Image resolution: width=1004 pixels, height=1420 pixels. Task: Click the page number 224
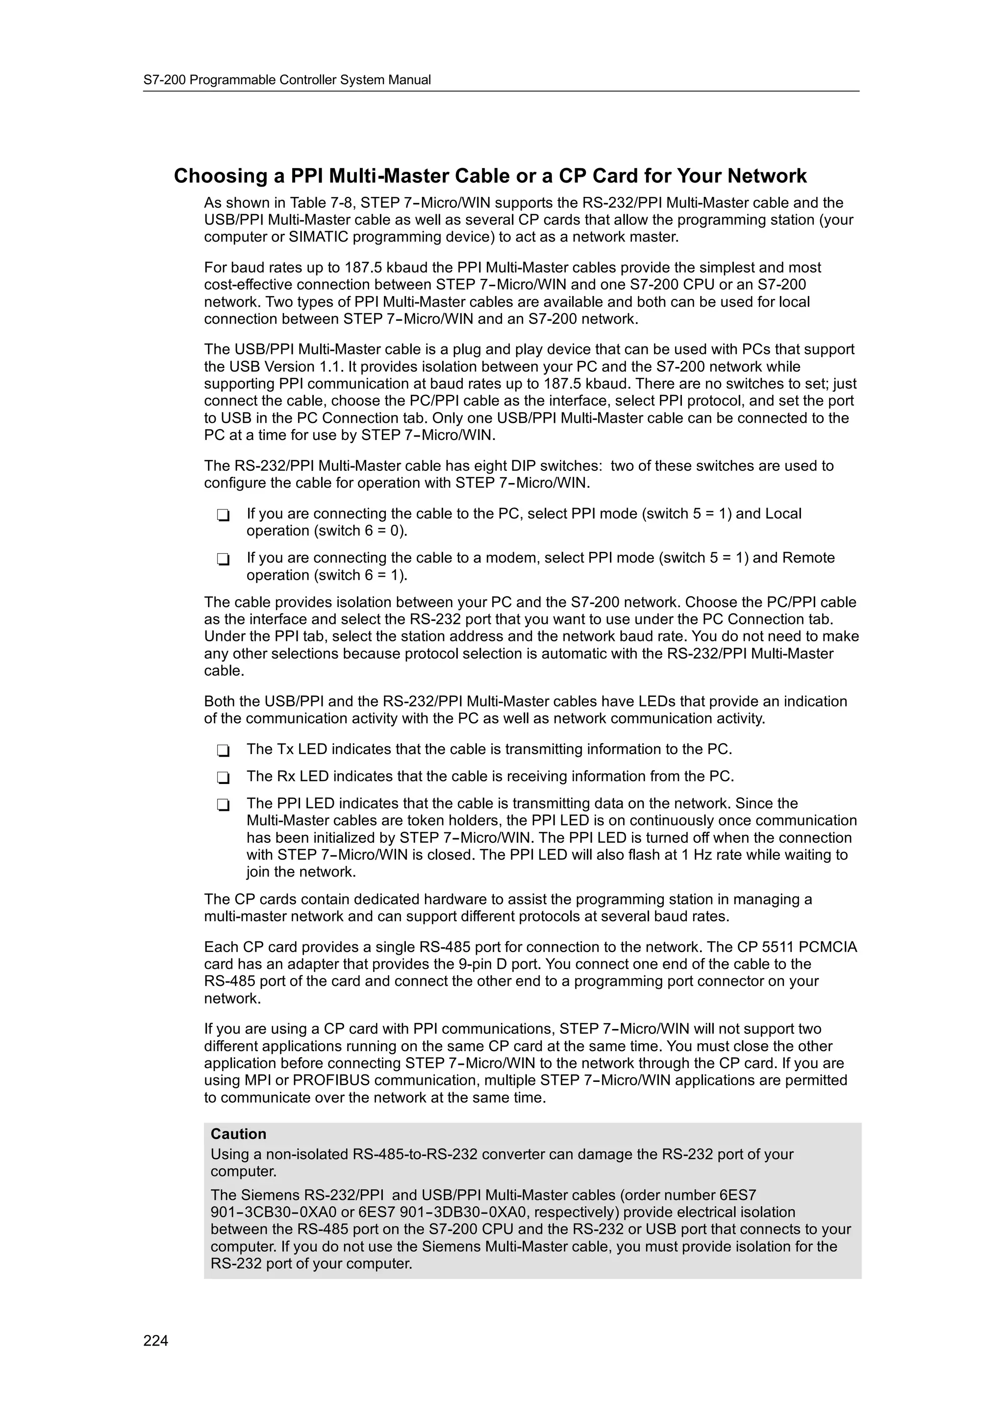click(x=155, y=1340)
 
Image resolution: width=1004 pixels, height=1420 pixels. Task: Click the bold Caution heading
click(x=238, y=1134)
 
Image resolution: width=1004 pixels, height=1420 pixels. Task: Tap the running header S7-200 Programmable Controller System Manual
click(x=287, y=80)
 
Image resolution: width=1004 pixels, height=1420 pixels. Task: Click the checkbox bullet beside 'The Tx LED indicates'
click(x=224, y=751)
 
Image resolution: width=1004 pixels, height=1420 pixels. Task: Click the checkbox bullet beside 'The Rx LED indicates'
click(x=224, y=778)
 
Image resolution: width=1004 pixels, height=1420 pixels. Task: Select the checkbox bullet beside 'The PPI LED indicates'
click(x=224, y=805)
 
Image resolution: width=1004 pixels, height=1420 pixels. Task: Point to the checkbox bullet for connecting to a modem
click(x=224, y=559)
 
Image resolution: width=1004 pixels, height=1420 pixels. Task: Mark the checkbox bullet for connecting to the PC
click(x=224, y=515)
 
